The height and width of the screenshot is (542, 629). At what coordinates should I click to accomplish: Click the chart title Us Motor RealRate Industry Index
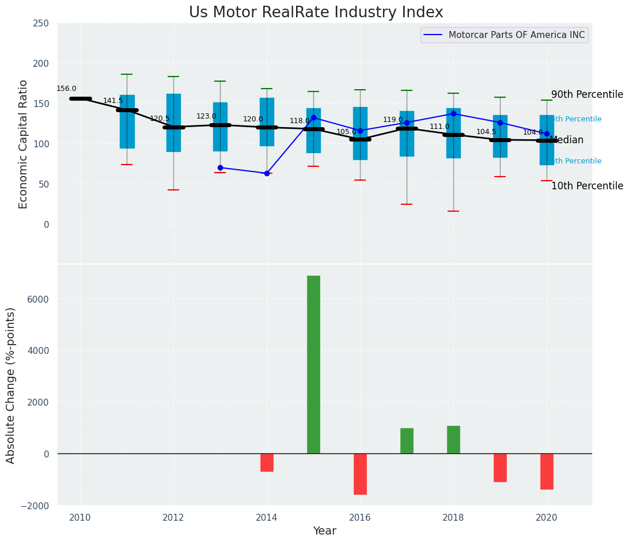(316, 13)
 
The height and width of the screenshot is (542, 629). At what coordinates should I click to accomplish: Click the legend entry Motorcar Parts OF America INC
(516, 35)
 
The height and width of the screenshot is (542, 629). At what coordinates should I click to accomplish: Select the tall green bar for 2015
(313, 364)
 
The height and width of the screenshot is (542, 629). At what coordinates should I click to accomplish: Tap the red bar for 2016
(360, 474)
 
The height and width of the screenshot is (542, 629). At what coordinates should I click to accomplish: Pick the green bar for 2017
(407, 441)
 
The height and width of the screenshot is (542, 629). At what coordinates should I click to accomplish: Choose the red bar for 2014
(267, 463)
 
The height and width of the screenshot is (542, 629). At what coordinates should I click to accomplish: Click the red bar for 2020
(547, 471)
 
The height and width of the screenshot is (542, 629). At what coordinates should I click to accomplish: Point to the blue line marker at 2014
(267, 173)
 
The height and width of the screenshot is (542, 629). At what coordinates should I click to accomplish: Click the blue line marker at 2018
(453, 113)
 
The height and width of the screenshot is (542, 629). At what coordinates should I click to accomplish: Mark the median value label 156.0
(66, 89)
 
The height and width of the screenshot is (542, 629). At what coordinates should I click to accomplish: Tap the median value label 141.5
(113, 101)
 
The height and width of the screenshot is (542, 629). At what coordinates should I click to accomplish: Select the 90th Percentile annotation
(587, 94)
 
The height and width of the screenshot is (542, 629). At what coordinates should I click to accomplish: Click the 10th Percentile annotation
(587, 186)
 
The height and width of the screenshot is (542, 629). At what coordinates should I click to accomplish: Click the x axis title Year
(324, 531)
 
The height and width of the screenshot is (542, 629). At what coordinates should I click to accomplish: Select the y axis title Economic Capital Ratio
(24, 144)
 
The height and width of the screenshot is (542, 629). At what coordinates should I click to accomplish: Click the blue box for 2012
(173, 123)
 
